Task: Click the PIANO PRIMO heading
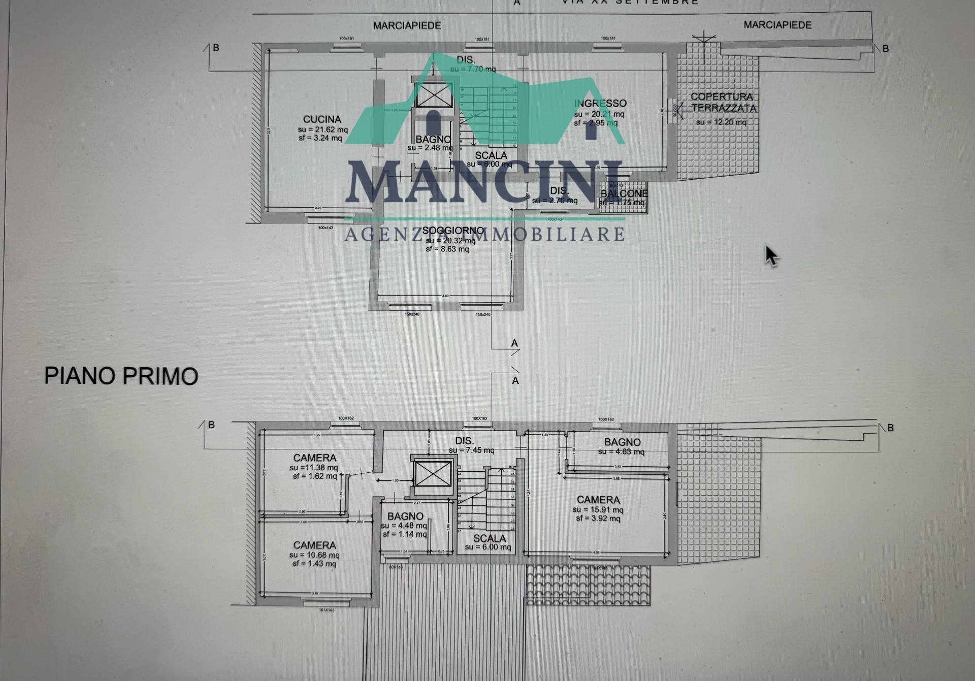[x=121, y=376]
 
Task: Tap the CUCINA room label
[x=322, y=119]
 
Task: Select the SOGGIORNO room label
[x=453, y=231]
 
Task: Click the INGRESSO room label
[x=600, y=104]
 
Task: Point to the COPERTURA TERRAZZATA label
[x=723, y=102]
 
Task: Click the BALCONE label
[x=624, y=193]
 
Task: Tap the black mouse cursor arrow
[x=771, y=255]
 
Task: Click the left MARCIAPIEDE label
[x=407, y=25]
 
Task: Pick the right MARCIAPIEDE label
[x=777, y=25]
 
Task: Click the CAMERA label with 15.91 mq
[x=598, y=500]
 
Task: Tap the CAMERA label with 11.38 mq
[x=315, y=458]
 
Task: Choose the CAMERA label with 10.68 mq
[x=314, y=545]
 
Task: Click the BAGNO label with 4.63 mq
[x=622, y=442]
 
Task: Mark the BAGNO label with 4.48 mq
[x=405, y=516]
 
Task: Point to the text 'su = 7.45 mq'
[x=471, y=450]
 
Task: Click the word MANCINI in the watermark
[x=485, y=183]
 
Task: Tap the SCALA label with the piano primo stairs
[x=490, y=538]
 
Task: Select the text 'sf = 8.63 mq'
[x=447, y=249]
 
